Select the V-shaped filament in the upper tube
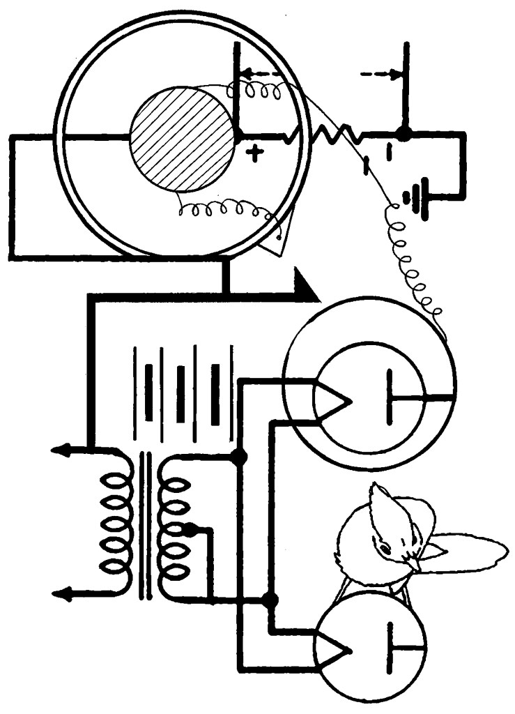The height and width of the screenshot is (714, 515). click(332, 400)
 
